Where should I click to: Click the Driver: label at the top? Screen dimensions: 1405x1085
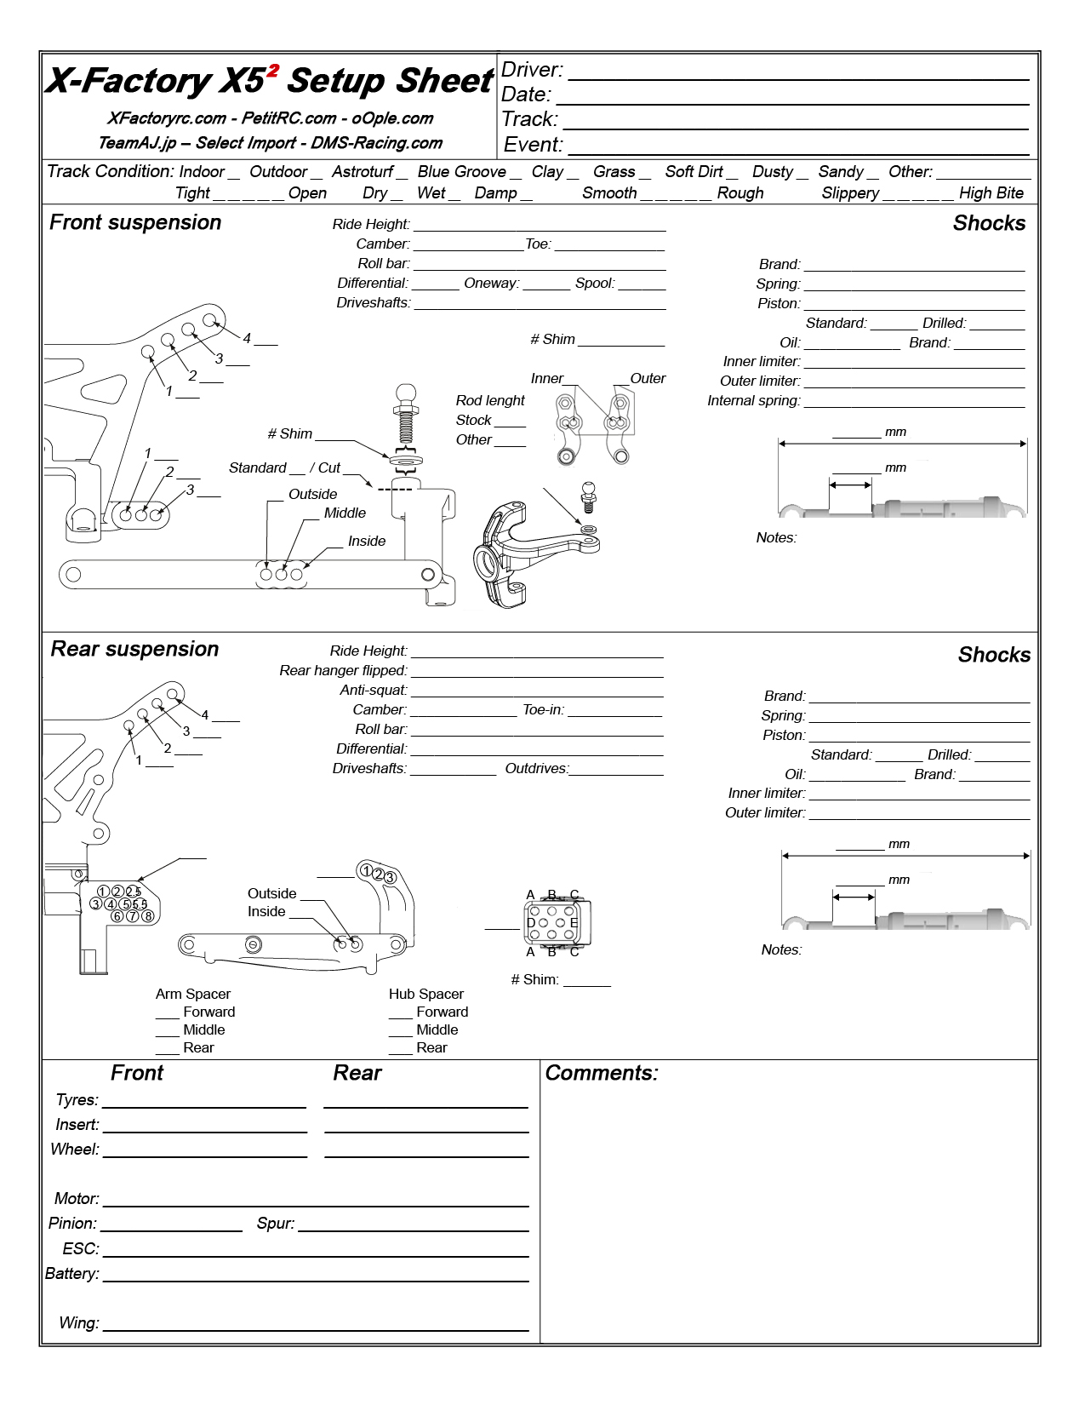click(532, 70)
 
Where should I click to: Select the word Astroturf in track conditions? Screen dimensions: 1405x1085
click(363, 172)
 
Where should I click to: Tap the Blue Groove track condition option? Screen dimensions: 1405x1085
click(461, 172)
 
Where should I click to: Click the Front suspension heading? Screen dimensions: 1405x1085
click(135, 222)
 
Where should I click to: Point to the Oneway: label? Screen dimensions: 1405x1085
click(491, 284)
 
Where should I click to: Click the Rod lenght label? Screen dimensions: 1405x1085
click(490, 400)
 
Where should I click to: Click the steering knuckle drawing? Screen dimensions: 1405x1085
click(528, 553)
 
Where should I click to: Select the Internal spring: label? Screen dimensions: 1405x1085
click(753, 401)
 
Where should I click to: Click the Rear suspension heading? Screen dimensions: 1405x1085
click(134, 649)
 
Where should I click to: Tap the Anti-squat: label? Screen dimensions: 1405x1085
click(374, 691)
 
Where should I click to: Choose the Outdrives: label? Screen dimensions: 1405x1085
click(536, 769)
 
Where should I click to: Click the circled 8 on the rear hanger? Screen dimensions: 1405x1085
click(148, 916)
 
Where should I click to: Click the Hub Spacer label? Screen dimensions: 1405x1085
click(425, 994)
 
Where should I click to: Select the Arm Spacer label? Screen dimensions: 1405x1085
click(193, 994)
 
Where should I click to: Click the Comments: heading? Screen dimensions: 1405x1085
click(602, 1073)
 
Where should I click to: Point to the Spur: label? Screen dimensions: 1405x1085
click(276, 1224)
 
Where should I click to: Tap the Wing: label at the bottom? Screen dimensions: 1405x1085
click(78, 1323)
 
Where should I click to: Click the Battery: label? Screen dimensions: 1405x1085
click(72, 1274)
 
